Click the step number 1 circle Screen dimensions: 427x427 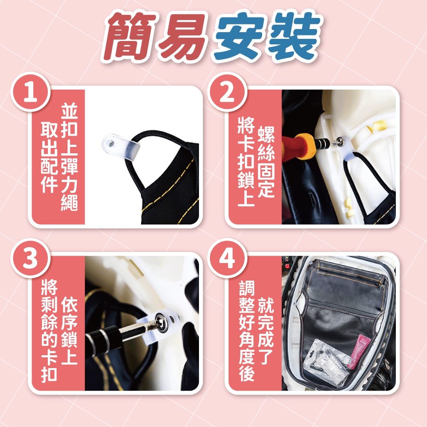pos(30,92)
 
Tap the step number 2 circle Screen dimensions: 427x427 pos(227,92)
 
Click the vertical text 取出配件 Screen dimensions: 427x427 pos(49,157)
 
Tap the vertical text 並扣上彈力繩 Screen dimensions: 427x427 pos(69,157)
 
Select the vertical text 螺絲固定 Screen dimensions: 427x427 pos(266,162)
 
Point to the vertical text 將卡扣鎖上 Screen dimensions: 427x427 pos(246,161)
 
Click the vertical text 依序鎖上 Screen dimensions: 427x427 pos(69,331)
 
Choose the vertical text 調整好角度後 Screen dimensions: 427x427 pos(246,331)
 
